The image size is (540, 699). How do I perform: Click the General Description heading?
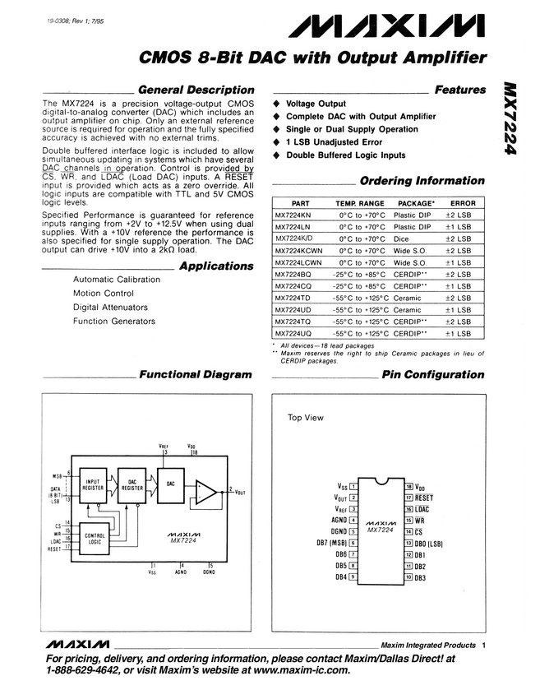point(195,90)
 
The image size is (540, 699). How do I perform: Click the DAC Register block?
point(133,487)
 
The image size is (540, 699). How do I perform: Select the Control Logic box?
point(95,538)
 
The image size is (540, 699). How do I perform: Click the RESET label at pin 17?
point(425,498)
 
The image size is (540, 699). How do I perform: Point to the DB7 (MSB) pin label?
point(325,543)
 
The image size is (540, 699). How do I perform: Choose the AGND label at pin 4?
point(336,520)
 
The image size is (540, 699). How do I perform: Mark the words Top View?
point(305,417)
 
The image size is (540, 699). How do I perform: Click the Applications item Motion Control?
point(103,293)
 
